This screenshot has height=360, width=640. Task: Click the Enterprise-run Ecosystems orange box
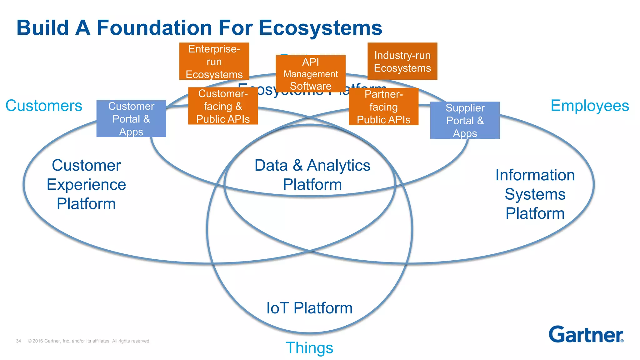point(214,61)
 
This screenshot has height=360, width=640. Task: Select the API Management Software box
point(310,74)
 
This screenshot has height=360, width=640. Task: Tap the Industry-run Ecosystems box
point(402,61)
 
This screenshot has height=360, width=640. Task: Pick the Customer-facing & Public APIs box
point(223,106)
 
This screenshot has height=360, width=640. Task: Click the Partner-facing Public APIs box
point(383,107)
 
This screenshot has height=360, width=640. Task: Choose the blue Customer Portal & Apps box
point(131,118)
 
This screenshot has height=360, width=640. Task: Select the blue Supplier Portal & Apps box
point(465,120)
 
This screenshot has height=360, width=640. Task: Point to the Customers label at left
point(44,106)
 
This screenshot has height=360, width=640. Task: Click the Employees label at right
point(589,106)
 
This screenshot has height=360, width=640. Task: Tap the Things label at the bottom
point(309,347)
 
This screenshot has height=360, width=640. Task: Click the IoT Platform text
point(309,308)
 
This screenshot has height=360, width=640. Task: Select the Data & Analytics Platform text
point(312,175)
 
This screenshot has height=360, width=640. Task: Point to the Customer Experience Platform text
point(86,184)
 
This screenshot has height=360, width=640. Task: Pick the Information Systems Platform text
point(535,194)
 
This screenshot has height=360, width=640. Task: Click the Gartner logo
point(586,335)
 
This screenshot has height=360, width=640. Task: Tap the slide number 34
point(18,341)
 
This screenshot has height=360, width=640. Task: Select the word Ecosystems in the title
point(320,28)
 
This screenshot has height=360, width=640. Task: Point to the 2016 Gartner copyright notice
point(89,341)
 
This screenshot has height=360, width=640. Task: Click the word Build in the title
point(42,28)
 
